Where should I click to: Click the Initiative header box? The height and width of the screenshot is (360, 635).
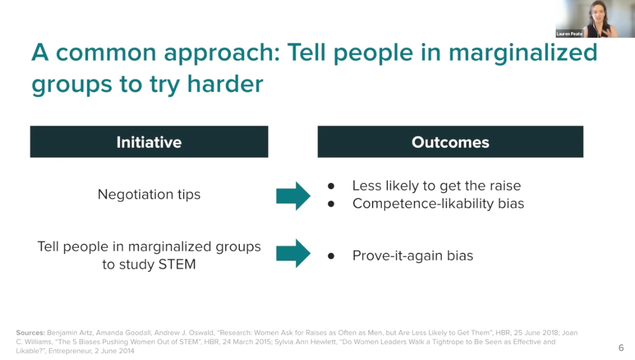(149, 142)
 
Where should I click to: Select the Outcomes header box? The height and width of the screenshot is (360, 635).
(450, 142)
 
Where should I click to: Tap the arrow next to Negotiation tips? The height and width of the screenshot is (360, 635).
(293, 196)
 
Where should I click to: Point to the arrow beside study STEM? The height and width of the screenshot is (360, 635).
(293, 253)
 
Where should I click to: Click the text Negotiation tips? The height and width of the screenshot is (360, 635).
(149, 194)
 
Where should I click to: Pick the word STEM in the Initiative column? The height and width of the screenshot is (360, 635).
(177, 265)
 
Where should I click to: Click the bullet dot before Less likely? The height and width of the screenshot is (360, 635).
(331, 186)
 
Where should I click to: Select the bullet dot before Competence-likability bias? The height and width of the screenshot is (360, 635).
(331, 204)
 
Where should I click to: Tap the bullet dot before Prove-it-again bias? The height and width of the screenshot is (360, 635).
(331, 256)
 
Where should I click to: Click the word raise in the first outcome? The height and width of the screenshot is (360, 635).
(505, 186)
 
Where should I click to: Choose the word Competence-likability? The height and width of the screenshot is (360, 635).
(423, 204)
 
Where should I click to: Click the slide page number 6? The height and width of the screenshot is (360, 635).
(621, 348)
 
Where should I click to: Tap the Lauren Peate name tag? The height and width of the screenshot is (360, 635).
(569, 34)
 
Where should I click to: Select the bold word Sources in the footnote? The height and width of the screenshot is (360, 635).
(30, 333)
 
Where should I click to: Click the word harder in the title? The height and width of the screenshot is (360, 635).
(225, 84)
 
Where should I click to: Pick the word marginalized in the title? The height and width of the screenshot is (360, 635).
(523, 53)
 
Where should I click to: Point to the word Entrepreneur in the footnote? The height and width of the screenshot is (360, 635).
(70, 351)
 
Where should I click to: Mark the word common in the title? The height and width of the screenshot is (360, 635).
(105, 53)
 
